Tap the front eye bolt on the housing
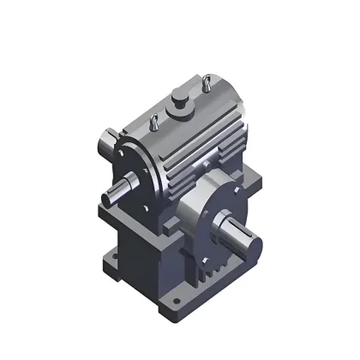tap(153, 123)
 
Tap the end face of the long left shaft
tap(107, 197)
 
